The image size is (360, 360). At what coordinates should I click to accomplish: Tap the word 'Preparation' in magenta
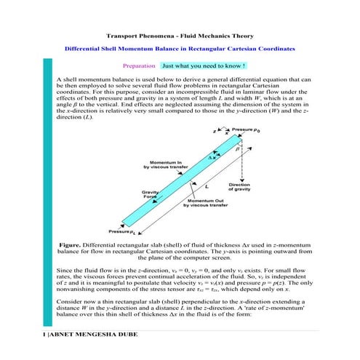click(x=140, y=65)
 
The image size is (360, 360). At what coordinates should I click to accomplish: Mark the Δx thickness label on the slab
click(x=212, y=156)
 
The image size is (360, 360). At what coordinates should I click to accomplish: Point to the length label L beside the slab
click(x=207, y=186)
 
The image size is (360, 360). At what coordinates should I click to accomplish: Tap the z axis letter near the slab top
click(x=214, y=132)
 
